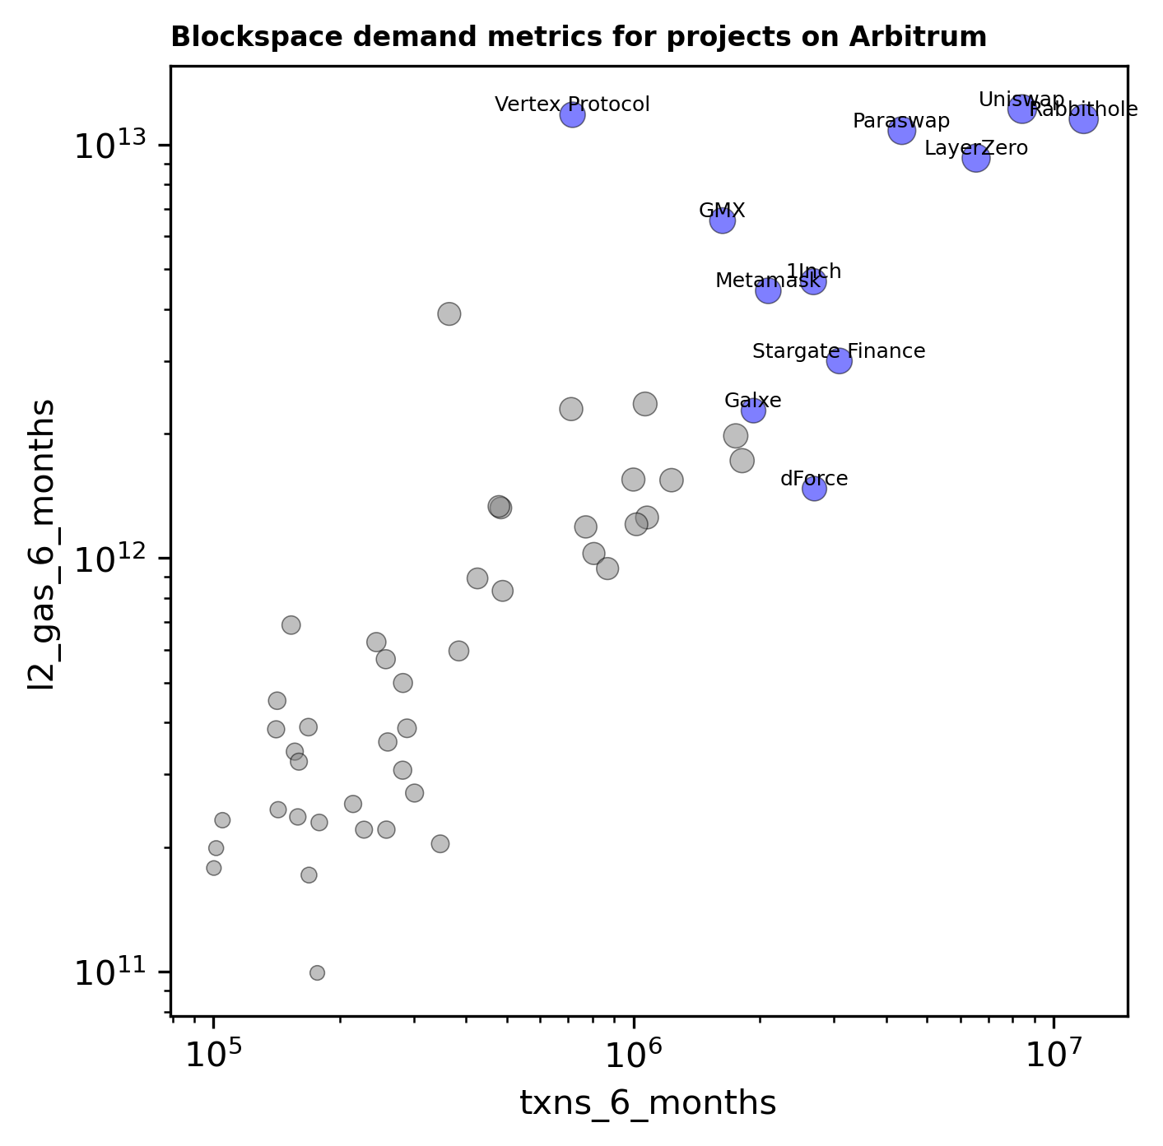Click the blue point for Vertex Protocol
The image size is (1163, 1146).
573,114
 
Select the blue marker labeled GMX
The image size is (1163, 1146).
722,220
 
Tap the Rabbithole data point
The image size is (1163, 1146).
1083,119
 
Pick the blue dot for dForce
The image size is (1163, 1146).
814,489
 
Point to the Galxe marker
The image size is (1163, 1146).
753,411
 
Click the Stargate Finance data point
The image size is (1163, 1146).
839,360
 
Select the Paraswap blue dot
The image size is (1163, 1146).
902,130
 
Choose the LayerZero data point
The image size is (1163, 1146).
976,158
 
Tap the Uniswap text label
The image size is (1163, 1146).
1021,100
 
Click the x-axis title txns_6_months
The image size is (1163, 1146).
648,1104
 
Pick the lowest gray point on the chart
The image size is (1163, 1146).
317,972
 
